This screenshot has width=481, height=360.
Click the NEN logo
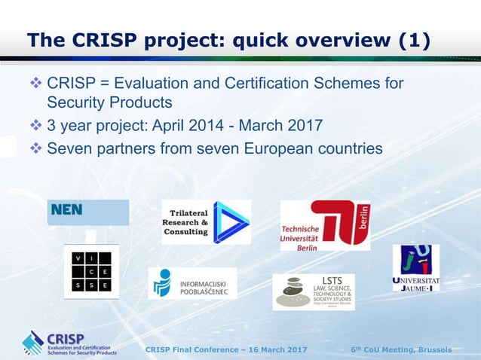(88, 212)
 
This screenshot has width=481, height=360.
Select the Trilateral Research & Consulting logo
(206, 221)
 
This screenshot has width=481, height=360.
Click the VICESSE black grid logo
(91, 272)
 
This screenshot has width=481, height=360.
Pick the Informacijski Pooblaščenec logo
(192, 283)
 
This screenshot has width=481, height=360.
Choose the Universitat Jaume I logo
(416, 268)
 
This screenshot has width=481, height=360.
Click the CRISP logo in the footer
(69, 343)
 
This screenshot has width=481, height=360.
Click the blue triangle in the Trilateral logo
(230, 222)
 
